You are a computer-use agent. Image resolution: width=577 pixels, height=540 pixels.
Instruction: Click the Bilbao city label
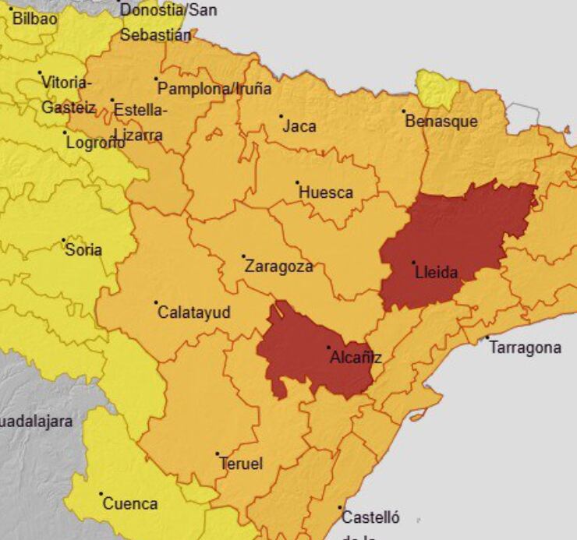(x=34, y=19)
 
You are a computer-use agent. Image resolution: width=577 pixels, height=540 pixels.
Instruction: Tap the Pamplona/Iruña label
(x=215, y=89)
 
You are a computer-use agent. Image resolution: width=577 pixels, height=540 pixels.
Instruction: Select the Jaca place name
(x=299, y=125)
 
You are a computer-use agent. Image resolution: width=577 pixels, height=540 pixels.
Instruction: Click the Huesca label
(x=326, y=192)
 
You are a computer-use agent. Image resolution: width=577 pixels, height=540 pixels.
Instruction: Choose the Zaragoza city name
(x=278, y=266)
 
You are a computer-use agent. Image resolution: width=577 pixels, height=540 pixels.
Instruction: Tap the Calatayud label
(x=194, y=312)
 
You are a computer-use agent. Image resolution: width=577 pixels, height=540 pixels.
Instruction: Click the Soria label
(x=83, y=250)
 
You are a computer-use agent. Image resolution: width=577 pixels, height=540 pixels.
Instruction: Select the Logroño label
(x=95, y=143)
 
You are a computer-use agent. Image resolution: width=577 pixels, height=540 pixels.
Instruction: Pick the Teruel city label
(x=241, y=464)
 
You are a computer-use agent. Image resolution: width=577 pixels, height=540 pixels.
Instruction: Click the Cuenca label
(x=130, y=503)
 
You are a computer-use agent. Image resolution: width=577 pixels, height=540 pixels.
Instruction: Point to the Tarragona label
(x=525, y=348)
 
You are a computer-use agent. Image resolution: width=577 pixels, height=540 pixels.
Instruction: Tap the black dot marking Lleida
(x=413, y=263)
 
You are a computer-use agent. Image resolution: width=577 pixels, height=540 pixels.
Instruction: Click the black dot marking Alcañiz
(x=328, y=348)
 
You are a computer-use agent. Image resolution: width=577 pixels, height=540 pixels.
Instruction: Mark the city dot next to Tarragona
(x=487, y=338)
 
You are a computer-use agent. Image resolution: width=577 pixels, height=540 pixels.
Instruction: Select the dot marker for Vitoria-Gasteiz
(x=40, y=73)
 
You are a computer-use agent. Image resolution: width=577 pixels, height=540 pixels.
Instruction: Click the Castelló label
(x=370, y=517)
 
